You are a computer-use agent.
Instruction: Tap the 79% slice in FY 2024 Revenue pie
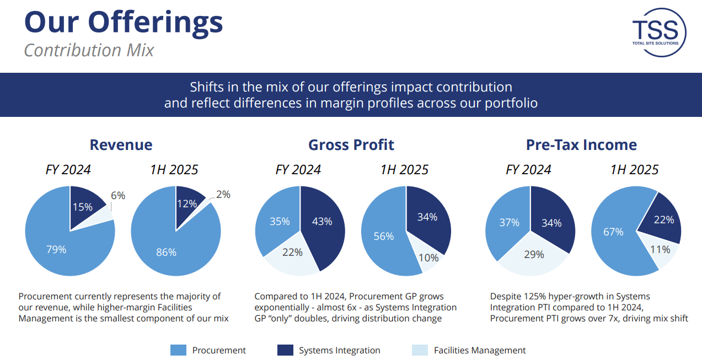tap(57, 249)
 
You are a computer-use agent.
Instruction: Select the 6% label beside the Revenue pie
tap(118, 195)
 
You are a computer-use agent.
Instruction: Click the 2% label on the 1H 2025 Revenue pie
tap(223, 195)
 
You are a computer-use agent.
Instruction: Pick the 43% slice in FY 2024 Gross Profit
tap(322, 222)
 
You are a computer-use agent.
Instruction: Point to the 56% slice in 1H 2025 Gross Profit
tap(384, 236)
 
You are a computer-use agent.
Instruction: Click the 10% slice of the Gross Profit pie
tap(428, 257)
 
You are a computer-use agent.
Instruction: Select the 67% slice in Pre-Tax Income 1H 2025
tap(613, 232)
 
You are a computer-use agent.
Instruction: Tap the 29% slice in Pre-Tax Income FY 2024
tap(534, 254)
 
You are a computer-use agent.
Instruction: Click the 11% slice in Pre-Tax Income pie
tap(660, 250)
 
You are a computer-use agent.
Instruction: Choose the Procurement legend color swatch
tap(178, 350)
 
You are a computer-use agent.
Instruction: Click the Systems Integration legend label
tap(339, 350)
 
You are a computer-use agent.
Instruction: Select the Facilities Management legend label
tap(480, 350)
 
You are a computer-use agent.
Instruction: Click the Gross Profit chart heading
tap(351, 145)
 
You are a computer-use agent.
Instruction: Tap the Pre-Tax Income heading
tap(581, 145)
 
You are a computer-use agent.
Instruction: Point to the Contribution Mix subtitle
tap(89, 50)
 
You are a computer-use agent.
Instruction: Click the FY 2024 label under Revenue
tap(68, 169)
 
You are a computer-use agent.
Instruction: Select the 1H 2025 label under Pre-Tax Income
tap(634, 169)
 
